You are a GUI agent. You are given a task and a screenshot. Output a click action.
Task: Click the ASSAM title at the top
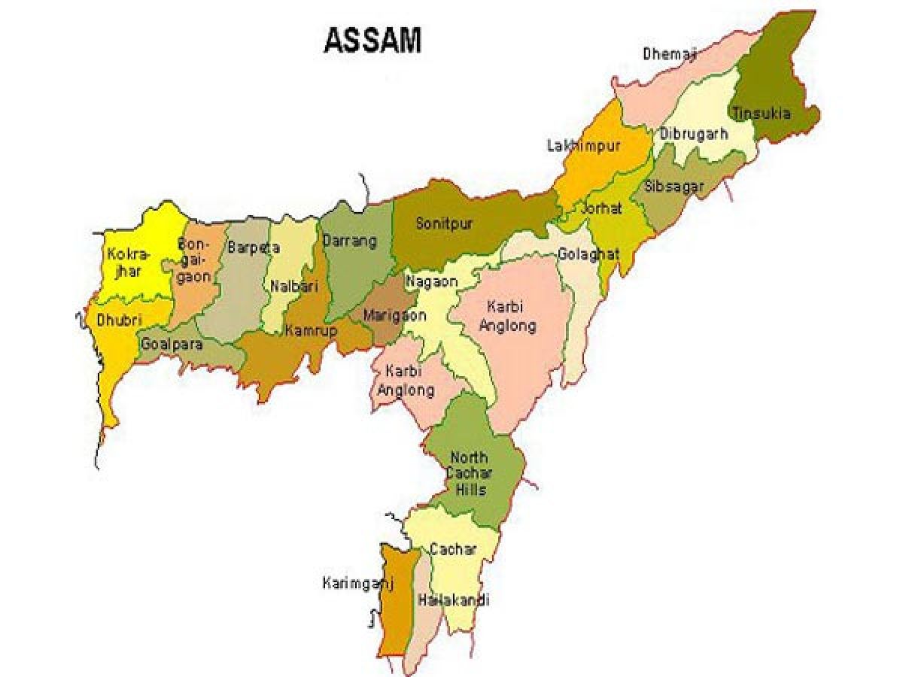(x=372, y=41)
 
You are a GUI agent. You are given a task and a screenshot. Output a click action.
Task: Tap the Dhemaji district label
(x=670, y=53)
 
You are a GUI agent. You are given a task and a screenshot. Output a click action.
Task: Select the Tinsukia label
(x=762, y=114)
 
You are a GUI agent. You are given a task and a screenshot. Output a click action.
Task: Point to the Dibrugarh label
(x=694, y=134)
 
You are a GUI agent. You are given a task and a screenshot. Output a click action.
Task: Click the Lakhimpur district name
(x=583, y=146)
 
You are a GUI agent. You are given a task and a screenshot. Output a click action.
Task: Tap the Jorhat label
(x=600, y=209)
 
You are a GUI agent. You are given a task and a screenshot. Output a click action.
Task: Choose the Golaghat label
(x=588, y=254)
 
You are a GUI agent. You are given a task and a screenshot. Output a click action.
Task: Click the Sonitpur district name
(x=445, y=223)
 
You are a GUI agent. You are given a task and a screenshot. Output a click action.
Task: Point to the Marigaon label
(x=394, y=316)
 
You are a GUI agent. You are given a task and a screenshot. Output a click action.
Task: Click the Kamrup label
(x=311, y=330)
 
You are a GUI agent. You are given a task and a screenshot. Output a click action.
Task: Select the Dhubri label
(x=119, y=320)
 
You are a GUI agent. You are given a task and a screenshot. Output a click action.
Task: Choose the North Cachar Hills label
(x=470, y=474)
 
